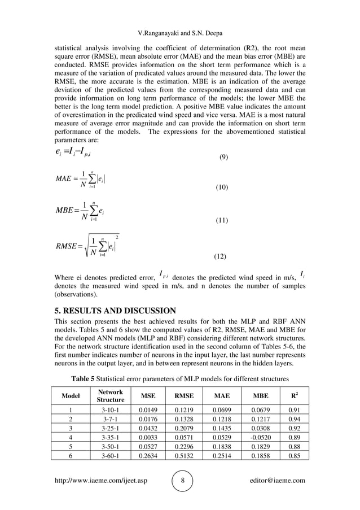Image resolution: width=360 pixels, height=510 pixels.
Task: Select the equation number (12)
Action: coord(220,256)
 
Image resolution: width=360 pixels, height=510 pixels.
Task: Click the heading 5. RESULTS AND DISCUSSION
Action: coord(115,310)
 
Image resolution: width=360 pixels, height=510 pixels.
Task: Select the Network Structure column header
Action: coord(110,395)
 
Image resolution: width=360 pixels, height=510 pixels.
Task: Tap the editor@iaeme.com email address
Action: coord(276,481)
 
